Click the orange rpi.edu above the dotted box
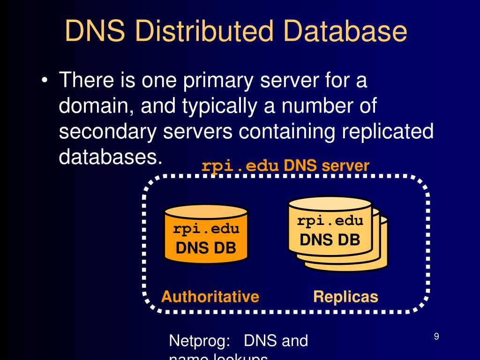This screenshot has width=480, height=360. [x=240, y=166]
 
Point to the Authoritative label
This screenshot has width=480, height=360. [x=210, y=297]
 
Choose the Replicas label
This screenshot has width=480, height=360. [x=345, y=297]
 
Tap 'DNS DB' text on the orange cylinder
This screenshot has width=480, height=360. [x=205, y=247]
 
